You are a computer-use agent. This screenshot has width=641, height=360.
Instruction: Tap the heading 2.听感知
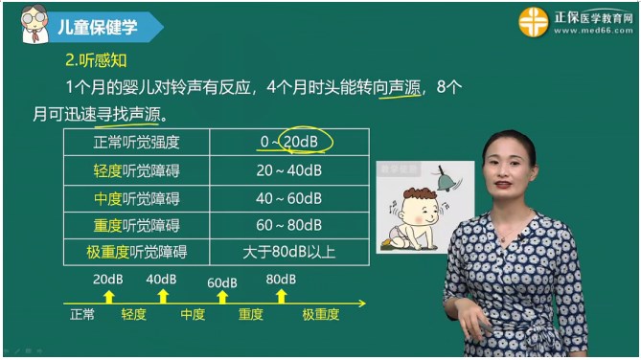(96, 59)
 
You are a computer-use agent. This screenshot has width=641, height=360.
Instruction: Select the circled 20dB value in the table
(302, 142)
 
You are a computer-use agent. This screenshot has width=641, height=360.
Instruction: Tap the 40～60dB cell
(289, 198)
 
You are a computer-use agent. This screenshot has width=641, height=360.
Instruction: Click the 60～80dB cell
(289, 226)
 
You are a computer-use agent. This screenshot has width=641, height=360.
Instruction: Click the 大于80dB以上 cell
(289, 253)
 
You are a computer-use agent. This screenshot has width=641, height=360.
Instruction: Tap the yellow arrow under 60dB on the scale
(222, 297)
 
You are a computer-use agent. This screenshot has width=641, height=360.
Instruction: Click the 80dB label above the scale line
(281, 279)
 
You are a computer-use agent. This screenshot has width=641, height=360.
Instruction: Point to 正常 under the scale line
(82, 314)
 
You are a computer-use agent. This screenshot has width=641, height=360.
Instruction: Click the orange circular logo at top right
(534, 21)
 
